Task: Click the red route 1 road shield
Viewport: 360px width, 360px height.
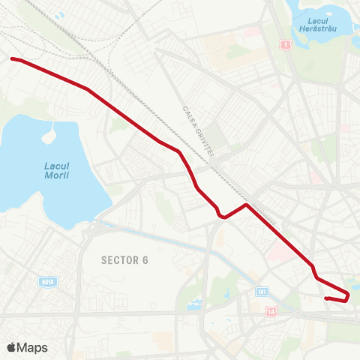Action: tap(286, 46)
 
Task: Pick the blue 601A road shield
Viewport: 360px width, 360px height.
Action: tap(47, 282)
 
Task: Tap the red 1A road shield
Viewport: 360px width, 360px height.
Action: tap(271, 310)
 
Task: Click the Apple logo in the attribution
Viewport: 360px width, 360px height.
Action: tap(11, 347)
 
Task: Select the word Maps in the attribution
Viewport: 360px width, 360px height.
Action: tap(33, 347)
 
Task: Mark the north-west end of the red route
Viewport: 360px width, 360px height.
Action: tap(12, 58)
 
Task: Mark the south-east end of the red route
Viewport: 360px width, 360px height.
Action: tap(326, 298)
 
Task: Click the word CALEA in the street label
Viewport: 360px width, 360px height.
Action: tap(188, 115)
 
